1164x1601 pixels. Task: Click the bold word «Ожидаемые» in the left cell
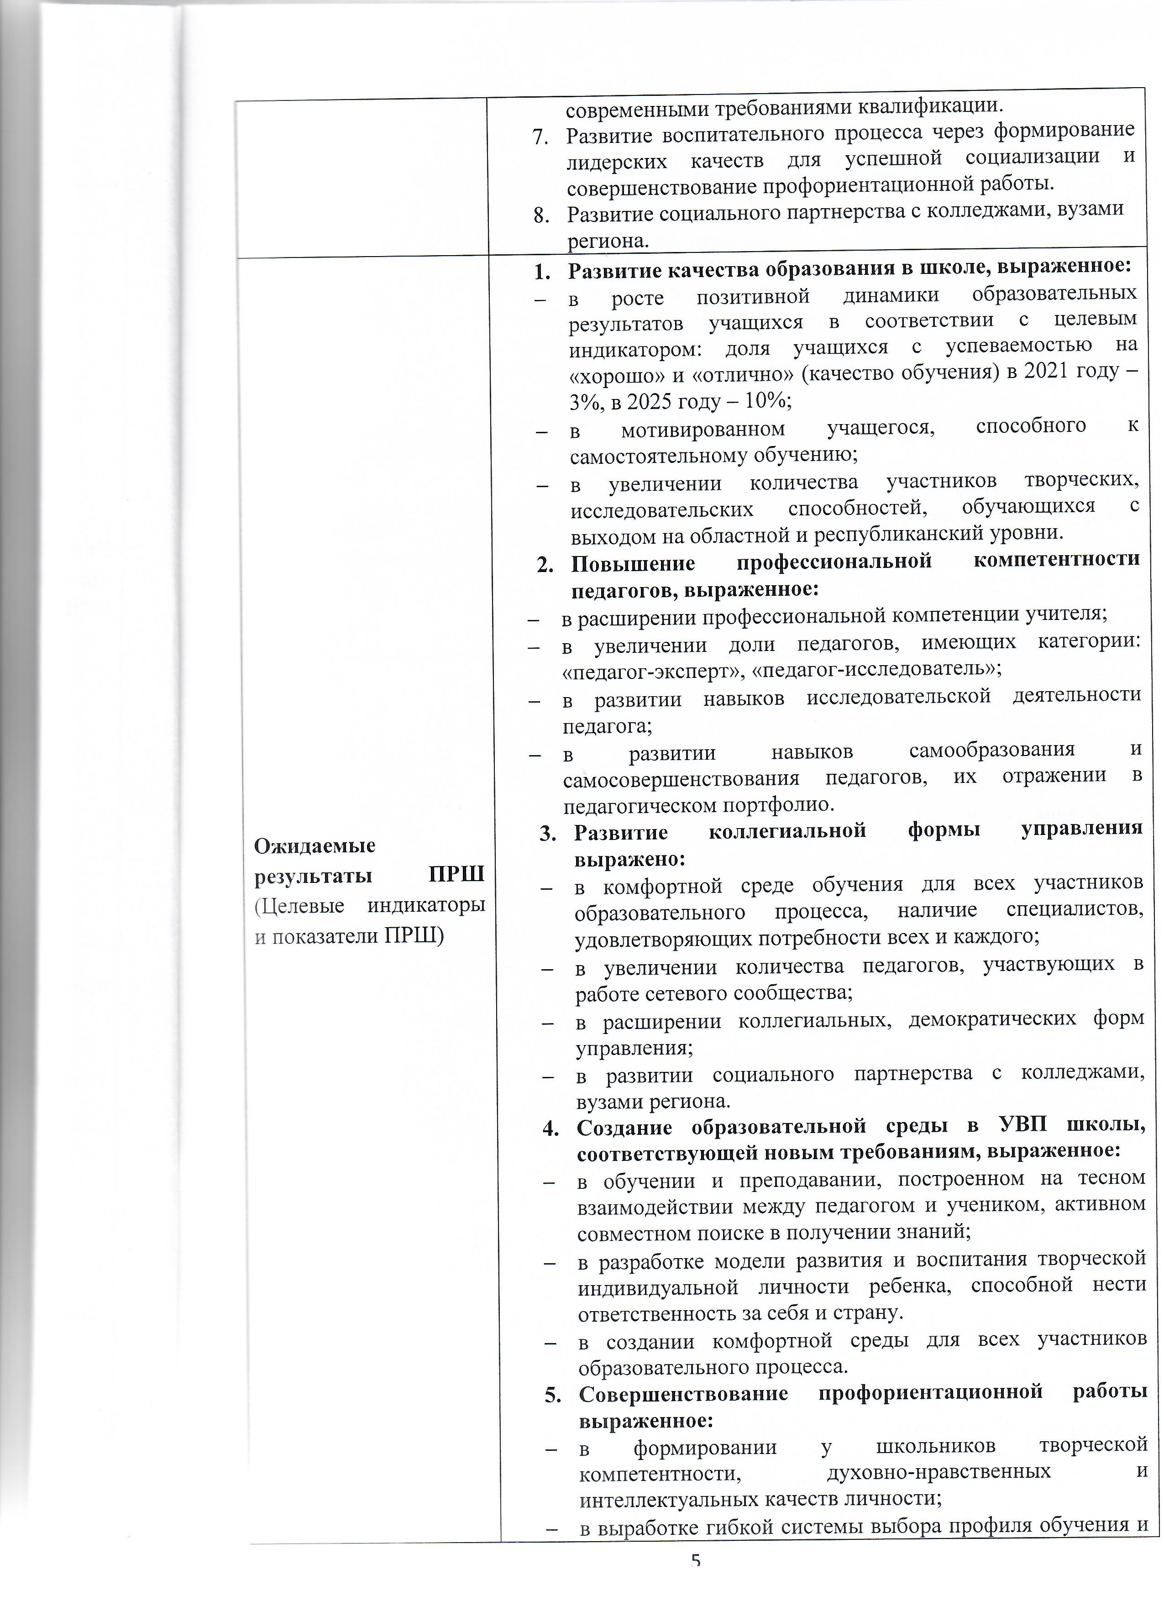(x=305, y=845)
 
